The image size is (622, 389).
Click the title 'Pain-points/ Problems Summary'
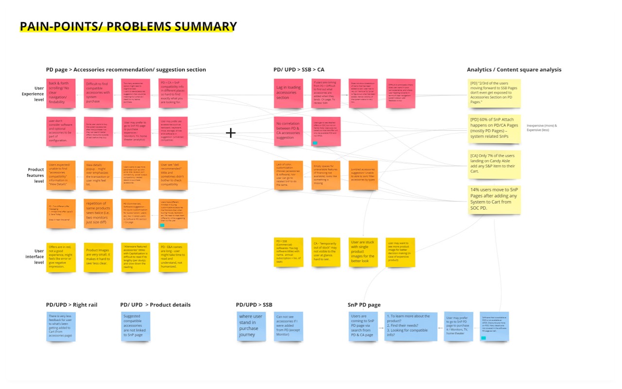pyautogui.click(x=128, y=26)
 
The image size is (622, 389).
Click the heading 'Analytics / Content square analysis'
pyautogui.click(x=514, y=69)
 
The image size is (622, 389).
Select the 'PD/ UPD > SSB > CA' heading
pyautogui.click(x=299, y=69)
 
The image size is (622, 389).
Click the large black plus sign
pyautogui.click(x=231, y=133)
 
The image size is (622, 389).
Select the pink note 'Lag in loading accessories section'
pyautogui.click(x=288, y=93)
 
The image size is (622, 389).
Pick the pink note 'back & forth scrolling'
pyautogui.click(x=61, y=93)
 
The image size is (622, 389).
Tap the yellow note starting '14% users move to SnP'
pyautogui.click(x=494, y=200)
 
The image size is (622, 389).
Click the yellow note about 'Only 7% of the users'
pyautogui.click(x=494, y=165)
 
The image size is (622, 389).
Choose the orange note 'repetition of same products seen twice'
pyautogui.click(x=98, y=213)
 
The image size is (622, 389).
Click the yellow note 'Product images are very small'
pyautogui.click(x=98, y=257)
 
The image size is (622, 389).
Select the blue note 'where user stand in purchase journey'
pyautogui.click(x=251, y=326)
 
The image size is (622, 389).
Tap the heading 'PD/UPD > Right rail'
pyautogui.click(x=71, y=304)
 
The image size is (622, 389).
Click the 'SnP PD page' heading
pyautogui.click(x=364, y=304)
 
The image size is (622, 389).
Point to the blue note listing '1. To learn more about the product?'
pyautogui.click(x=411, y=326)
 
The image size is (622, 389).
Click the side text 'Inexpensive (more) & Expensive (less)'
pyautogui.click(x=542, y=128)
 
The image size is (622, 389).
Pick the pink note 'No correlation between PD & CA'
pyautogui.click(x=288, y=131)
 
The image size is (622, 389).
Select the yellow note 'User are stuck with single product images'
pyautogui.click(x=363, y=252)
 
